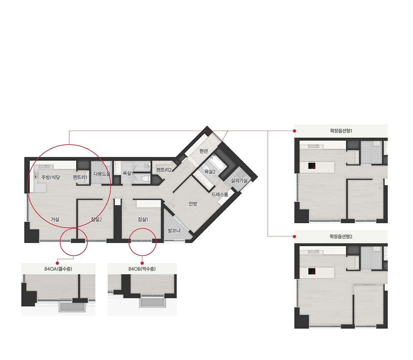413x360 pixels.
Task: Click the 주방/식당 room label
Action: (51, 177)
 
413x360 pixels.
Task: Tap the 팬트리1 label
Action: (80, 177)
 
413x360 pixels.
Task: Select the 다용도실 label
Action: (102, 174)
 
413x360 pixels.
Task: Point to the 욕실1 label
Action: (128, 173)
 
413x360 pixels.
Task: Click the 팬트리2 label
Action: (164, 170)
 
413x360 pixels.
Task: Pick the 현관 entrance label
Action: (204, 151)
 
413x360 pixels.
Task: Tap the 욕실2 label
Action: (210, 171)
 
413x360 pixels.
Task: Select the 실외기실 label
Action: (239, 180)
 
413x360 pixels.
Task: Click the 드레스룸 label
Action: (220, 195)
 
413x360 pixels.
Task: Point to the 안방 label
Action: (193, 204)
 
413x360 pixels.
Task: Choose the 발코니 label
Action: (174, 230)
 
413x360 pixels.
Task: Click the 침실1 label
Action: (143, 219)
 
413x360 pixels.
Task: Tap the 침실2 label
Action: (96, 219)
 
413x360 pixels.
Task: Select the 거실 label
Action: (55, 219)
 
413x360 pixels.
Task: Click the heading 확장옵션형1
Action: (341, 131)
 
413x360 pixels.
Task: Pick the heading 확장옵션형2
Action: (341, 237)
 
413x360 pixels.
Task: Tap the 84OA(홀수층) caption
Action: (58, 269)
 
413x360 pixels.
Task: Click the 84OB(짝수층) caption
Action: (142, 269)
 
